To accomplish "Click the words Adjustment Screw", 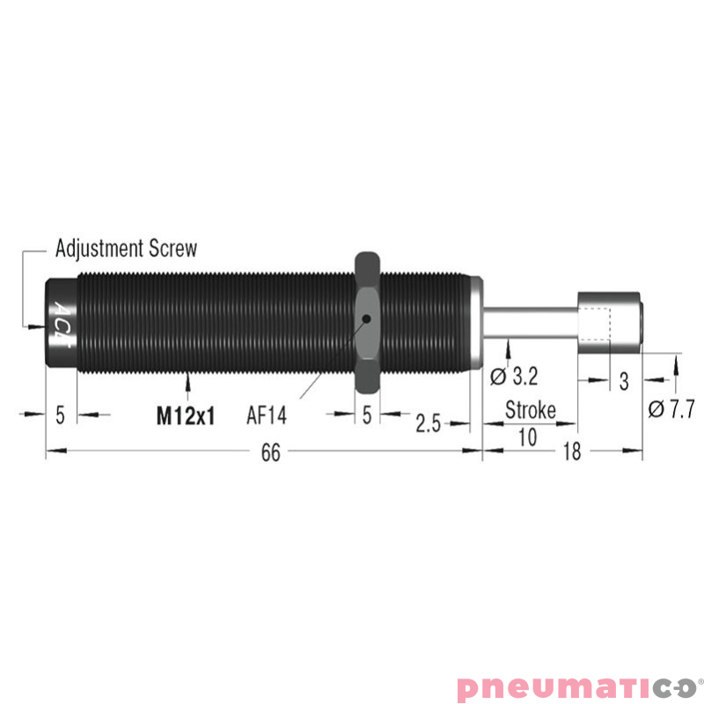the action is [126, 248].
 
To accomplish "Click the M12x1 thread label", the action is [186, 415].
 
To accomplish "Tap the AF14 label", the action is [267, 415].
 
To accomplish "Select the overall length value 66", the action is [271, 452].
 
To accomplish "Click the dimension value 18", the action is [572, 451].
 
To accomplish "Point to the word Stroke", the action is [531, 410].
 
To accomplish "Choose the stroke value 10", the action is [527, 436].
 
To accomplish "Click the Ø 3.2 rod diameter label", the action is [514, 377].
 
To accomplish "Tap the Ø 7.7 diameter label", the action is [671, 409].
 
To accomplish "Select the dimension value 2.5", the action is [428, 423].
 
